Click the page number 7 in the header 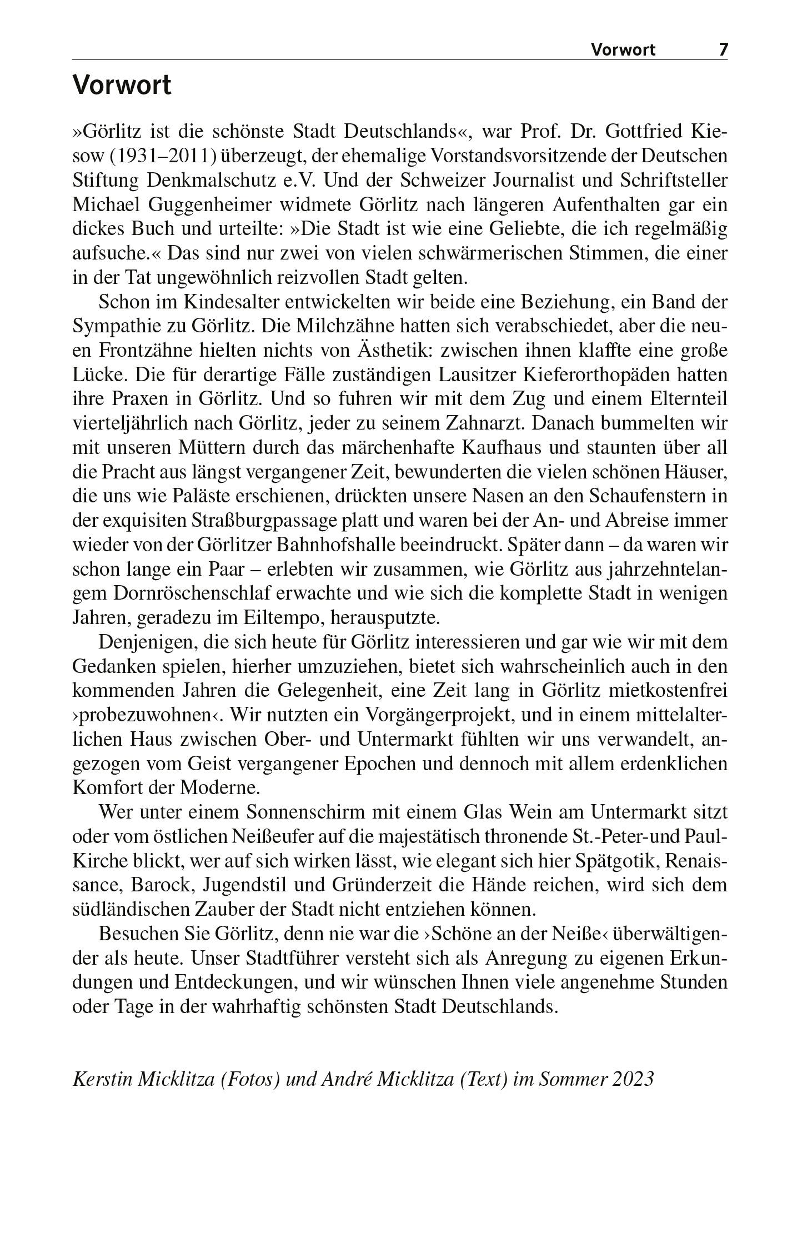[723, 49]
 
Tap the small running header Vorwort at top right [623, 50]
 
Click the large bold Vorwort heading [122, 86]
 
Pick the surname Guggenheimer [210, 205]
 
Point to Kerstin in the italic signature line [102, 1079]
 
